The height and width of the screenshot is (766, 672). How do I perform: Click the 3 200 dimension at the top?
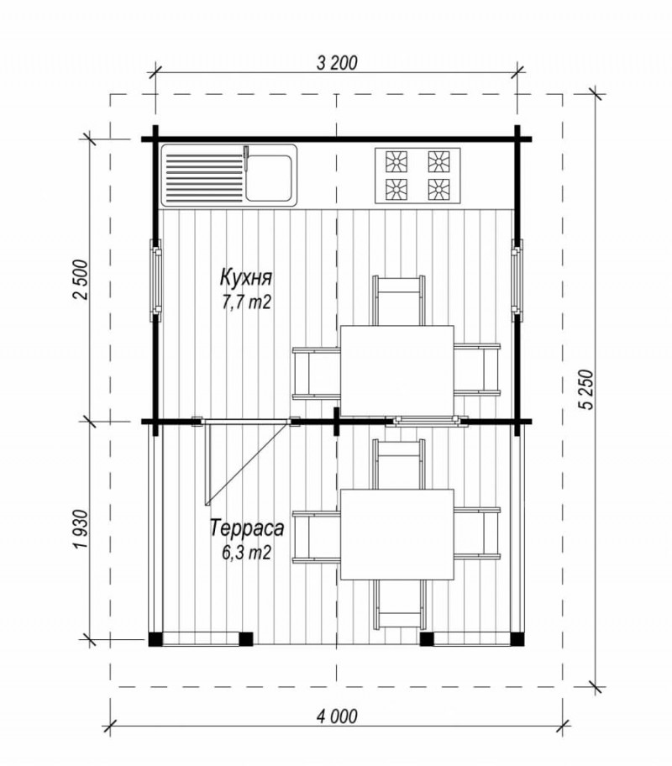coord(337,62)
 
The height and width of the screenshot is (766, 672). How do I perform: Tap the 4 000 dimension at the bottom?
coord(337,716)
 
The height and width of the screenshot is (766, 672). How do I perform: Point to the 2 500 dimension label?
coord(80,280)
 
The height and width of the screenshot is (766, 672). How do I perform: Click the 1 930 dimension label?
coord(80,528)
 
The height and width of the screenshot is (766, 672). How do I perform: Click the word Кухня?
coord(246,278)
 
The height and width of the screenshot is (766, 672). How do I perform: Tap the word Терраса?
coord(247,528)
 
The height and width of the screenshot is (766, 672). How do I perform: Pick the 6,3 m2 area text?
coord(246,553)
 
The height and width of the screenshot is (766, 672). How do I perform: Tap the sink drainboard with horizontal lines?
coord(205,178)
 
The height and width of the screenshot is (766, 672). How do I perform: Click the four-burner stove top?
coord(417,176)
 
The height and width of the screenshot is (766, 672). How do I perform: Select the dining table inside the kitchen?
coord(396,371)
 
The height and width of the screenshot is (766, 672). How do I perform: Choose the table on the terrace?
coord(396,534)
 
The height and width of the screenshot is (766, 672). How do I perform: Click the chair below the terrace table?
coord(398,604)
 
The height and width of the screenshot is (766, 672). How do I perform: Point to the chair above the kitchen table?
coord(398,301)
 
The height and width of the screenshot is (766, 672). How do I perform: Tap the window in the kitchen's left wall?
coord(156,280)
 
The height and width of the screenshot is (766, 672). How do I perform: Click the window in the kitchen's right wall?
coord(517,280)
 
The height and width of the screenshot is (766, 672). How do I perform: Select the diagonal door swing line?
coord(247,462)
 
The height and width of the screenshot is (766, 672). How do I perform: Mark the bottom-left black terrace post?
coord(155,639)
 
